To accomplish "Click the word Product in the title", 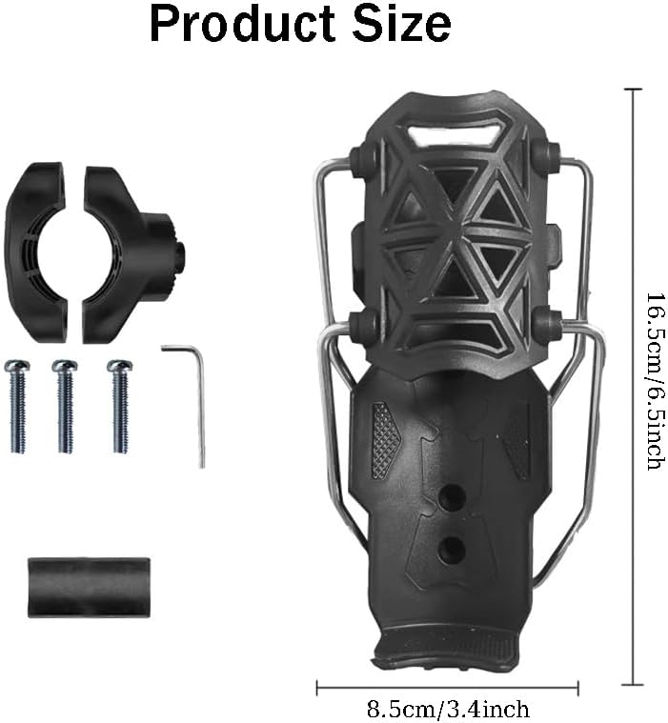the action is (x=242, y=24).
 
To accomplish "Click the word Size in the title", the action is (x=402, y=24).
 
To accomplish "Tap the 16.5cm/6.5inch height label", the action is (x=655, y=381).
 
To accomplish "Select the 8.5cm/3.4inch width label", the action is (x=448, y=709).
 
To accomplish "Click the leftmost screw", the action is (x=17, y=406).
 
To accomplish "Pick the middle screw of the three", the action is (x=65, y=406).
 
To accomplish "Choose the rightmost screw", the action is (x=120, y=406).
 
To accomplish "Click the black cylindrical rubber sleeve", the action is (x=89, y=587).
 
